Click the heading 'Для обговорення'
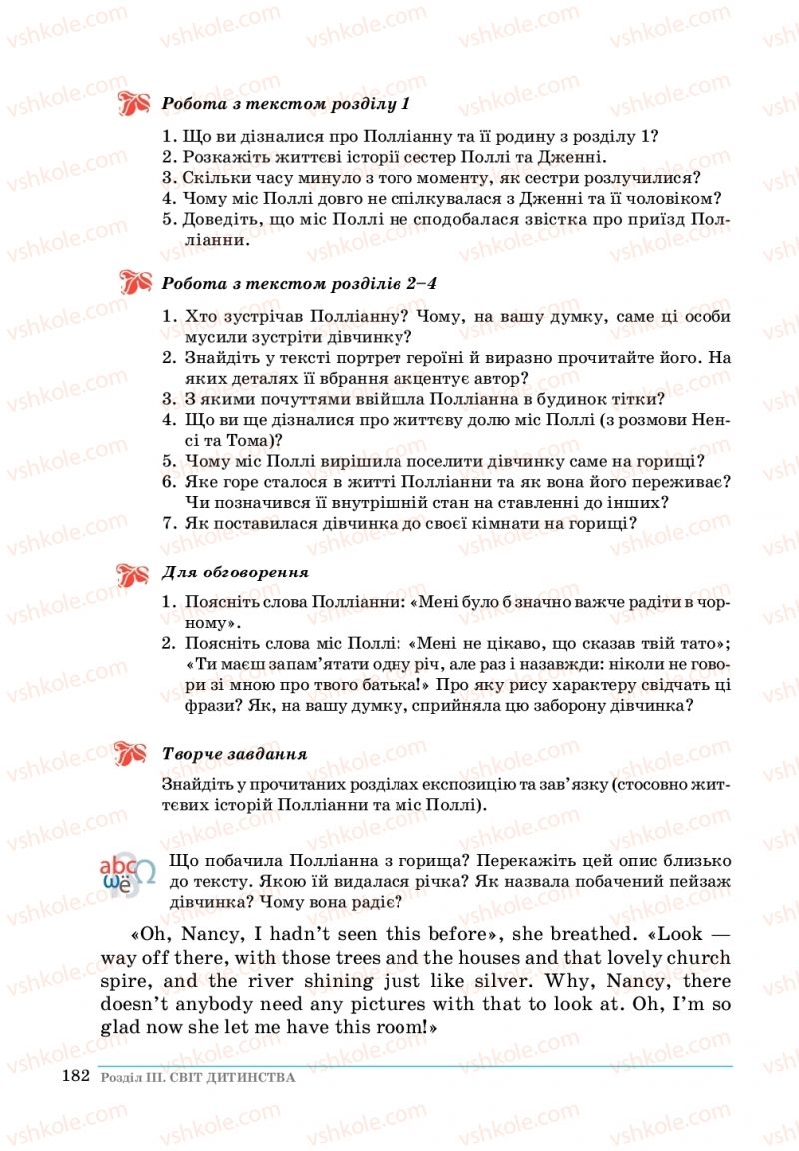(235, 574)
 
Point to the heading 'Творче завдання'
(234, 753)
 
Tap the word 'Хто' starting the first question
(202, 316)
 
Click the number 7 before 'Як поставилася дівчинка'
(168, 522)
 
